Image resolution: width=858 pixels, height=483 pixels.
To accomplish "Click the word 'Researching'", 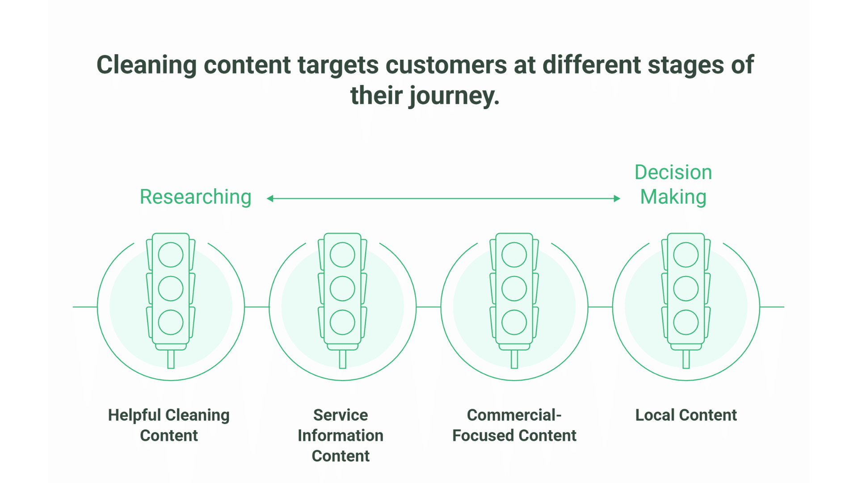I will [x=195, y=197].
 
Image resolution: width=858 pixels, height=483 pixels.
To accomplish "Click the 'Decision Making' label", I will [x=673, y=185].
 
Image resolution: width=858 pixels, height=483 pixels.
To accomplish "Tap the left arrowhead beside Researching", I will [x=270, y=199].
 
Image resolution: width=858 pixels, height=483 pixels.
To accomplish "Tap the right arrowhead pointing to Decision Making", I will [x=617, y=199].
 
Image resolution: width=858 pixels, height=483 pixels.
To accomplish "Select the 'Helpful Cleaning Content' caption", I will [x=169, y=425].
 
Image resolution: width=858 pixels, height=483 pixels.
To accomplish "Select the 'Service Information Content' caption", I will [x=341, y=435].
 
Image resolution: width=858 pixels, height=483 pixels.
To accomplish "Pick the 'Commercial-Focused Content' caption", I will [x=514, y=425].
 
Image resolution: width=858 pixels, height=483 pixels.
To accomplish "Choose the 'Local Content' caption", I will [x=686, y=415].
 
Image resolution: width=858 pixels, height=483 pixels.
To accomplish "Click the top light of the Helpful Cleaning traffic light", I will [x=171, y=255].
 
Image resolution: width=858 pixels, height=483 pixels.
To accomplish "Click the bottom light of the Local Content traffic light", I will [x=686, y=322].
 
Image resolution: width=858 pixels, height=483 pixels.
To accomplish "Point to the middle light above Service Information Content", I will [x=342, y=288].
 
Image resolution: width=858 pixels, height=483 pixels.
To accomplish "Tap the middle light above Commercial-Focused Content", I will [x=514, y=288].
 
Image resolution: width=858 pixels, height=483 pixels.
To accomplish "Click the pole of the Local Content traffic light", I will [x=686, y=359].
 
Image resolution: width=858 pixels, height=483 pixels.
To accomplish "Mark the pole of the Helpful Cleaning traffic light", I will [x=171, y=359].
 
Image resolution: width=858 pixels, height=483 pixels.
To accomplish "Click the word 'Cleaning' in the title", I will [x=147, y=65].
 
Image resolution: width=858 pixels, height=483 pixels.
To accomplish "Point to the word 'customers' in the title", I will [x=446, y=65].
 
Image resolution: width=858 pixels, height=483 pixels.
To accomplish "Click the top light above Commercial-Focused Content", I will [x=514, y=255].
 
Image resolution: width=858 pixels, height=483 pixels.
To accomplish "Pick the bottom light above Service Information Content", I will [x=342, y=322].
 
